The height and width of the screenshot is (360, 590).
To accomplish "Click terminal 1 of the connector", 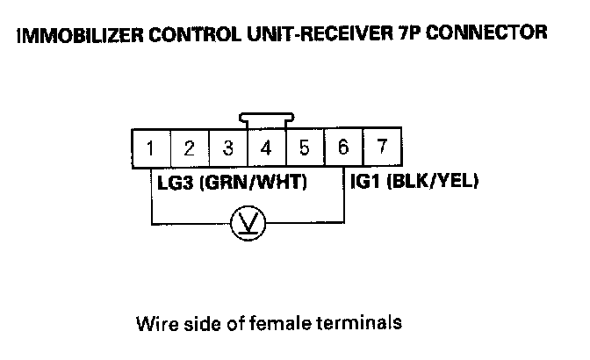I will click(x=152, y=148).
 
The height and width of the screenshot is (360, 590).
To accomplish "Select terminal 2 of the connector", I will click(x=190, y=148).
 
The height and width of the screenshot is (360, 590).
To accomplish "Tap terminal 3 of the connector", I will click(x=228, y=148).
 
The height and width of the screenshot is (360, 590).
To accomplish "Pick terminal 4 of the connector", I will click(x=266, y=148).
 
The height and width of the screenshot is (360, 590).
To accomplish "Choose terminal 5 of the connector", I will click(x=304, y=148).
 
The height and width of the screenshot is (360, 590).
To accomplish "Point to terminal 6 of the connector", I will click(x=342, y=147).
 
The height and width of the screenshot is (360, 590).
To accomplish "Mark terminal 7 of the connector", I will click(x=381, y=147).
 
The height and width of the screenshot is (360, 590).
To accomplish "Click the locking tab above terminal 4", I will click(x=265, y=120).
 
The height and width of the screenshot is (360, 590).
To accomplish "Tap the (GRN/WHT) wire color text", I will click(x=250, y=185).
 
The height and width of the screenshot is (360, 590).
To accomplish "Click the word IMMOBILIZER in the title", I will click(x=78, y=35).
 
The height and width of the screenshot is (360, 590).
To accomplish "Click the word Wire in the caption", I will click(x=153, y=322).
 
